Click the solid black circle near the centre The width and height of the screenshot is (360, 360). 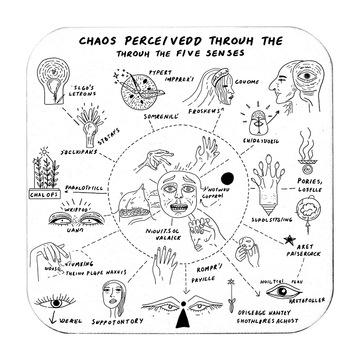228,178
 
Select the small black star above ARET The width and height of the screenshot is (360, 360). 289,239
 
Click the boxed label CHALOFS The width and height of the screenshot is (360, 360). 45,195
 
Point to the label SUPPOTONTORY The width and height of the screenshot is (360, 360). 117,321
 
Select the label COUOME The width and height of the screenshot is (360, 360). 247,82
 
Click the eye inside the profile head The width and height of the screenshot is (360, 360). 307,76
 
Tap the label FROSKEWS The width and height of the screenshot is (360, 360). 204,111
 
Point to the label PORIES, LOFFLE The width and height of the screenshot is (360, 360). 309,185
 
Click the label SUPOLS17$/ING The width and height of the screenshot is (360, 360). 272,219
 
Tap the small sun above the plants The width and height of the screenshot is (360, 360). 44,152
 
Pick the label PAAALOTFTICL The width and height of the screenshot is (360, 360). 84,188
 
